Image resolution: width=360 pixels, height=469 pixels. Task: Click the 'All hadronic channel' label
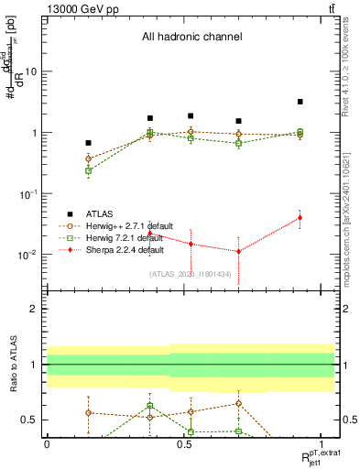coord(191,38)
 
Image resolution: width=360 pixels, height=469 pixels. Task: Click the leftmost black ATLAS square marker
coord(88,143)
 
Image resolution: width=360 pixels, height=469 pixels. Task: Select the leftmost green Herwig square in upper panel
coord(88,170)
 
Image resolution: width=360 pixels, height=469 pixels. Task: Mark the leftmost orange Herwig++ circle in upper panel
coord(88,158)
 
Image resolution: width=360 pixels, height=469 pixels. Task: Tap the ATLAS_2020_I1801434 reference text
coord(191,274)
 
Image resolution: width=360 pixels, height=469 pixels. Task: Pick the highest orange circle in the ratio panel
coord(238,403)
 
